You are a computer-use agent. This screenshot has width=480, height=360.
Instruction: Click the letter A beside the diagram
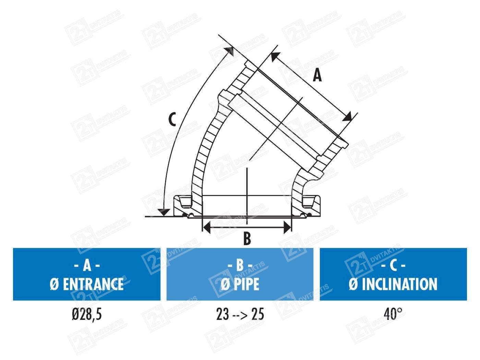[317, 74]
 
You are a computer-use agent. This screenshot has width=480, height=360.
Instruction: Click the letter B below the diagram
[247, 239]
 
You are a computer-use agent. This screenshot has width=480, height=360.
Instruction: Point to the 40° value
[393, 314]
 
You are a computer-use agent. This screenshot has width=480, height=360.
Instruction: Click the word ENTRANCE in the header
[93, 284]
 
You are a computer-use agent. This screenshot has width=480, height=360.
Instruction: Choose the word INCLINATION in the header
[399, 284]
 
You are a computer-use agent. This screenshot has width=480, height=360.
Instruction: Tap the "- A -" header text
[87, 266]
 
